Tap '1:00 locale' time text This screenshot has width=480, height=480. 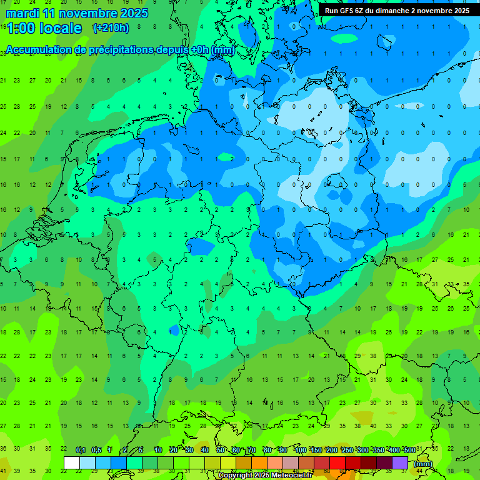(x=44, y=28)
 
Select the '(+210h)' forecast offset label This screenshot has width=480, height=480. (x=111, y=28)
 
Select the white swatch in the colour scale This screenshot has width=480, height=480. (x=72, y=462)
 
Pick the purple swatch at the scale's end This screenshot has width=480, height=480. (x=400, y=462)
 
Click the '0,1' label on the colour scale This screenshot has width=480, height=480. (x=81, y=451)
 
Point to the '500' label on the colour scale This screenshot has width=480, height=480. (x=409, y=451)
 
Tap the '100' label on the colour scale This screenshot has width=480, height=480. (x=300, y=451)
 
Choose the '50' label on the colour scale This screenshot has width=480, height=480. (x=221, y=451)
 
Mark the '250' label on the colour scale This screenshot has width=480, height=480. (x=347, y=451)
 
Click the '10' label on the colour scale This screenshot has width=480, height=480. (x=157, y=451)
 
